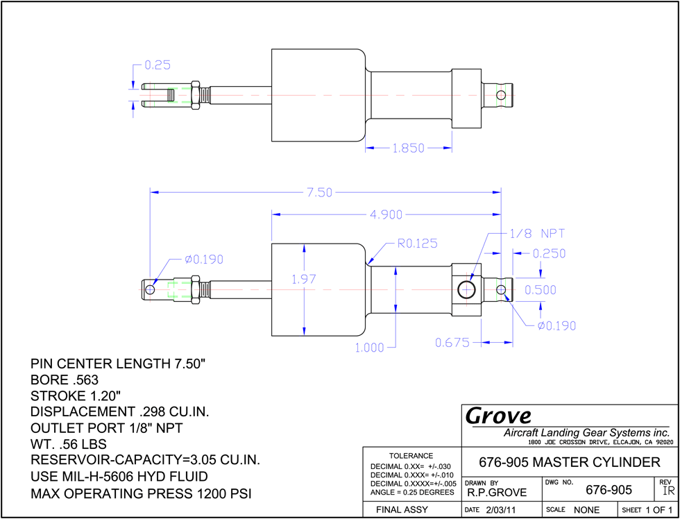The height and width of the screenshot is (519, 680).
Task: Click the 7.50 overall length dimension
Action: [x=320, y=192]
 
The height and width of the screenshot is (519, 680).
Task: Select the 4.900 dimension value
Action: [x=386, y=214]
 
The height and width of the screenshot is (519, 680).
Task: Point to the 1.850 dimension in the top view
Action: [x=408, y=148]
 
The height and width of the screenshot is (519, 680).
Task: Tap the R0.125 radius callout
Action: [x=418, y=244]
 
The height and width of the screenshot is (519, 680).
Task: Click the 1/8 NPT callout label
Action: [x=536, y=234]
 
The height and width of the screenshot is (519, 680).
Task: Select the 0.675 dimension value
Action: [x=452, y=343]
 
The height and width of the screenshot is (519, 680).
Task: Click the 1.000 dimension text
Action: [x=369, y=348]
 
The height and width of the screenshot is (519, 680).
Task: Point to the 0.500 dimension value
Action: [x=541, y=289]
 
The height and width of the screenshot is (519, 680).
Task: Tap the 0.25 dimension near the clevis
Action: [x=158, y=65]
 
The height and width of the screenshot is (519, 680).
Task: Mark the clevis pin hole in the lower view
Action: [x=150, y=289]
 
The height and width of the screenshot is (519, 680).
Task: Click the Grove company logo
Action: [x=498, y=416]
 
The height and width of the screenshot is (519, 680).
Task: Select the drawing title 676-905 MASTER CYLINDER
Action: [x=570, y=462]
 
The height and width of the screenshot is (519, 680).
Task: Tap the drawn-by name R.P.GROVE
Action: [x=497, y=493]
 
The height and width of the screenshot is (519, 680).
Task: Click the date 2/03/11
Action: [x=500, y=510]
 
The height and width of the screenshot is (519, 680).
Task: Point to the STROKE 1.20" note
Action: [x=76, y=396]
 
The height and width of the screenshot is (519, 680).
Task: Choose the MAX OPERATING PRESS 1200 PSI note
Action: [x=141, y=493]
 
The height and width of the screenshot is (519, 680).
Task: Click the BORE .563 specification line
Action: [x=65, y=380]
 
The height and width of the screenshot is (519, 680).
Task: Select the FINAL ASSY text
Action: [x=402, y=509]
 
